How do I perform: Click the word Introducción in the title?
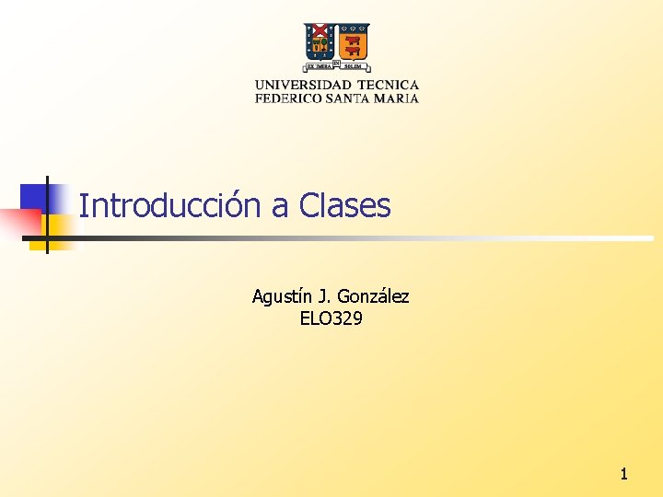[170, 205]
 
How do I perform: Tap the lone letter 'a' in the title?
[280, 207]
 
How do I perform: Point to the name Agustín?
[282, 296]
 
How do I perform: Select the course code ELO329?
[331, 319]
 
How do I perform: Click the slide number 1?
[623, 474]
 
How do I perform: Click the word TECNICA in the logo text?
[388, 85]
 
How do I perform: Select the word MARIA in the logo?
[400, 98]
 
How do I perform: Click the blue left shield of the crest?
[320, 42]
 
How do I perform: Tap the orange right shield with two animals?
[353, 42]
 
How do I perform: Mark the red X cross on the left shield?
[320, 41]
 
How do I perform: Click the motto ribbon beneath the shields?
[337, 66]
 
